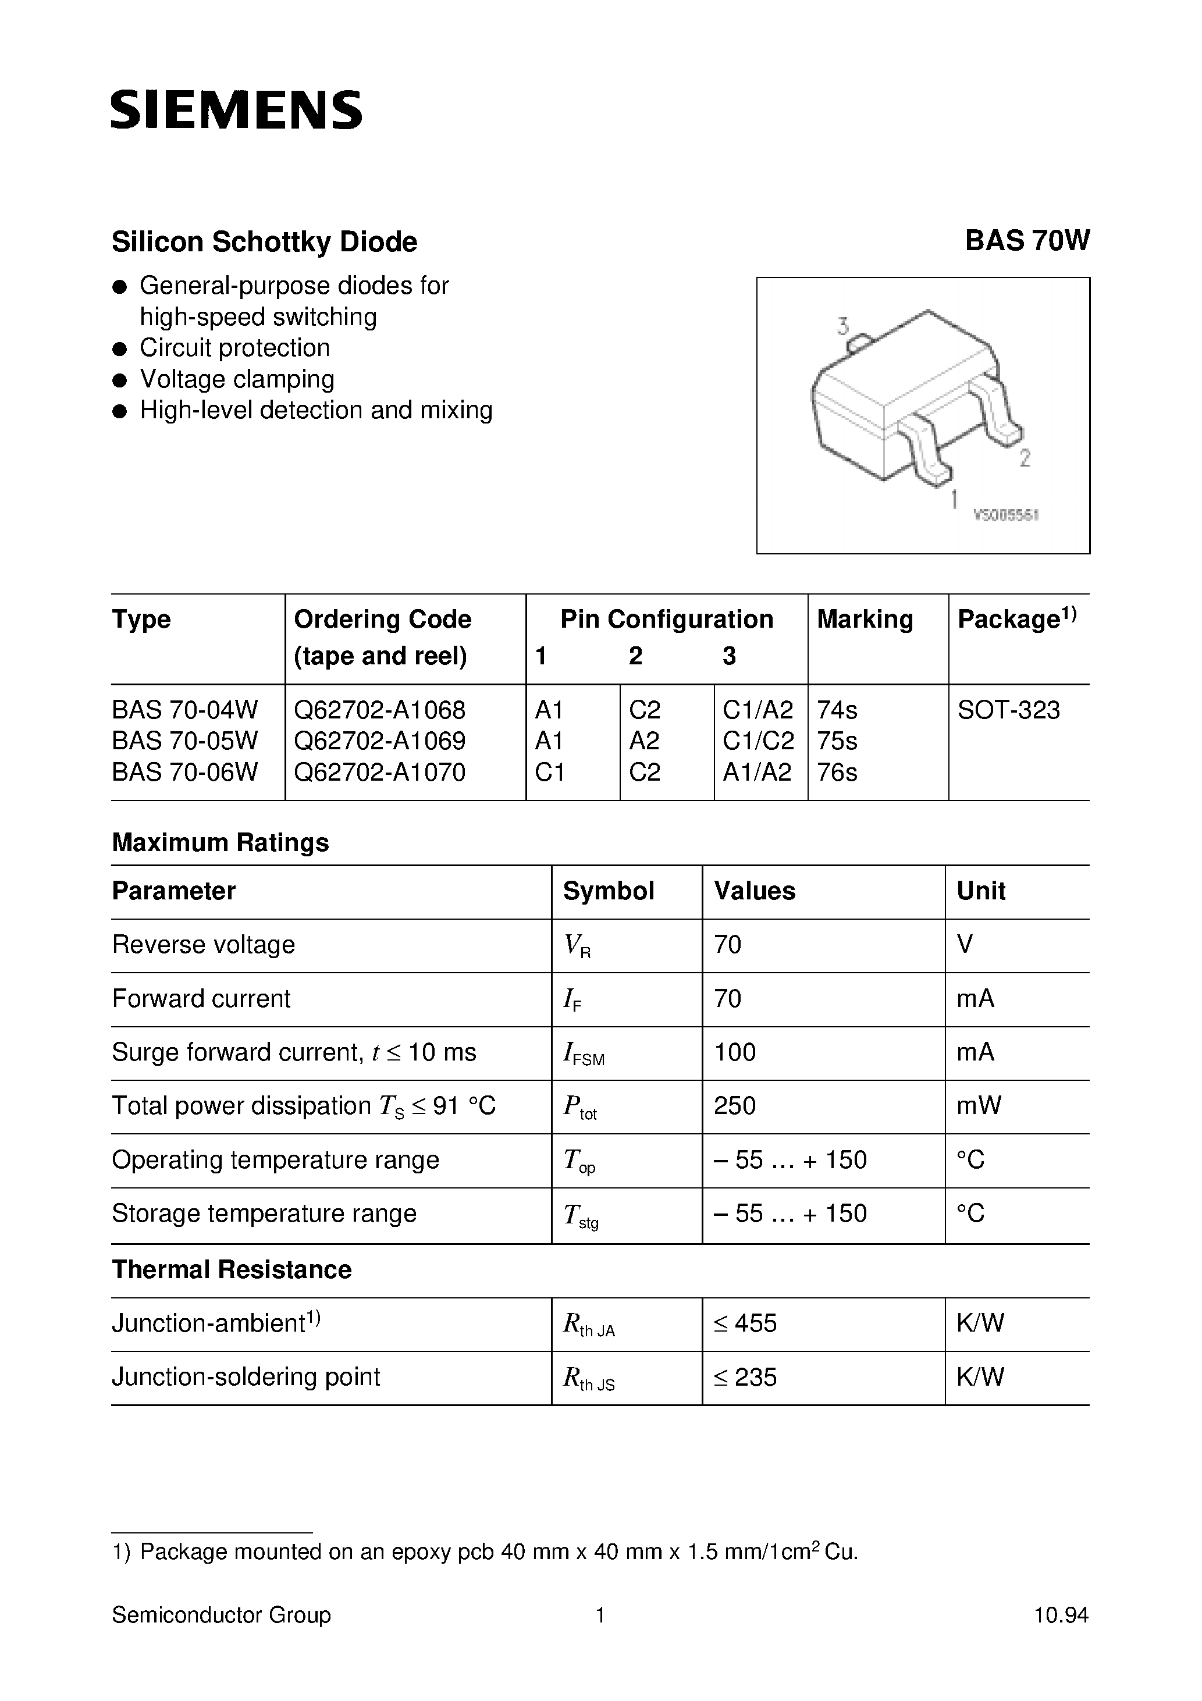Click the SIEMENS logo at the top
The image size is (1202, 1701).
[x=236, y=111]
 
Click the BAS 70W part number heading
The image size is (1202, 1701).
[x=1026, y=241]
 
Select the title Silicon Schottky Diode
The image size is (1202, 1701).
[x=265, y=242]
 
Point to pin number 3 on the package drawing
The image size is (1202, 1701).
[x=842, y=325]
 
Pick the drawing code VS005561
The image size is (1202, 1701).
[x=1005, y=515]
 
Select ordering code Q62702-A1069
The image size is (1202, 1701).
[x=379, y=740]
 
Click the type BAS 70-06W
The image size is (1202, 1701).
[x=185, y=772]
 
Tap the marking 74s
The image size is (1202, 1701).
[x=837, y=710]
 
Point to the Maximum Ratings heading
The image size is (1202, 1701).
[x=220, y=842]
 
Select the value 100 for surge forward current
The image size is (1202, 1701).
[x=734, y=1052]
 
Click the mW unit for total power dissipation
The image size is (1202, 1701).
[x=978, y=1105]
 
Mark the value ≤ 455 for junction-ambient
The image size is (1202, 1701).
[x=745, y=1323]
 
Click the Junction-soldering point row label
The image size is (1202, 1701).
[x=246, y=1376]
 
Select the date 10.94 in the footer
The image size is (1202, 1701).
[x=1061, y=1615]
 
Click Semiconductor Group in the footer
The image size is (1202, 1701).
[x=221, y=1615]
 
